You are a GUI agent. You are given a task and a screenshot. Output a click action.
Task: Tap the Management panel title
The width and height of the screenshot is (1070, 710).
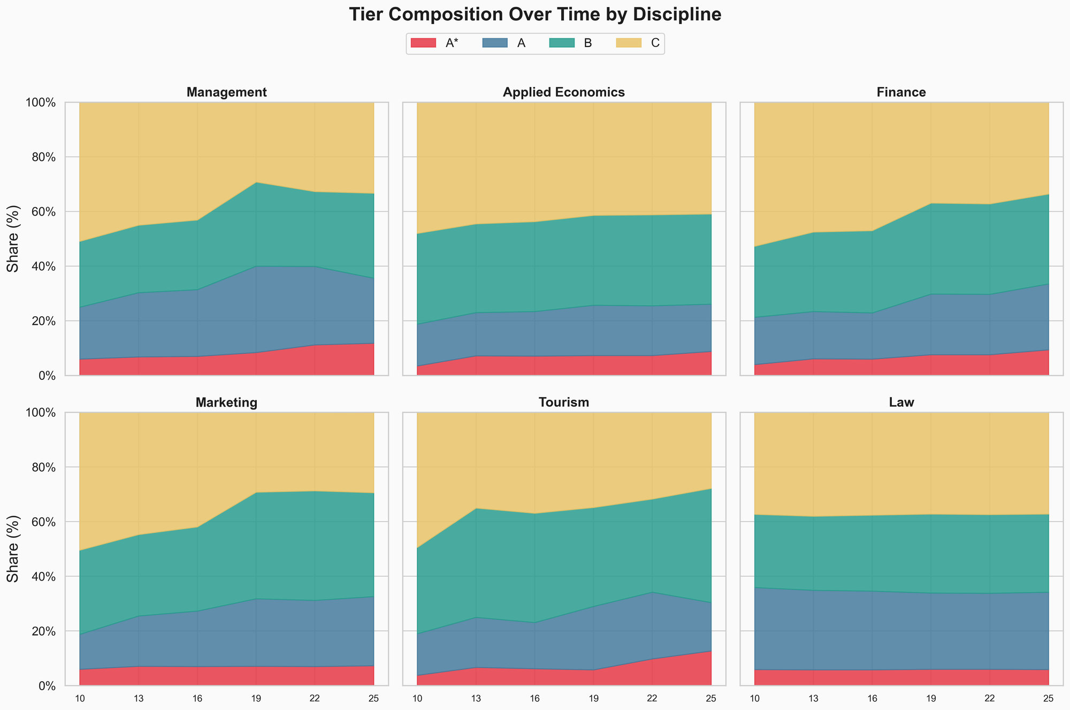pyautogui.click(x=226, y=93)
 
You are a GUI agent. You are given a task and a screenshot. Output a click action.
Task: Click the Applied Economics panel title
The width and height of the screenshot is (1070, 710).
pyautogui.click(x=564, y=93)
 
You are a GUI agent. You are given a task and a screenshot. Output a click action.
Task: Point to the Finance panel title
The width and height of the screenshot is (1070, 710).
pyautogui.click(x=901, y=93)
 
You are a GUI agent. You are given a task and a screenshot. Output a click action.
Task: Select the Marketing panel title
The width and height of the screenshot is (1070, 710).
pyautogui.click(x=226, y=403)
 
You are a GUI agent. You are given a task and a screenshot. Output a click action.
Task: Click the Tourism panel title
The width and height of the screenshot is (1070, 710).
pyautogui.click(x=564, y=403)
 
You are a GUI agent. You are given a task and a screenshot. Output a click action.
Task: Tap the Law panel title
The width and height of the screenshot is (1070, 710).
pyautogui.click(x=901, y=403)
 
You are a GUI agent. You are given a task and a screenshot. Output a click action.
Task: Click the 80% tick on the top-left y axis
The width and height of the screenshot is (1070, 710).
pyautogui.click(x=41, y=157)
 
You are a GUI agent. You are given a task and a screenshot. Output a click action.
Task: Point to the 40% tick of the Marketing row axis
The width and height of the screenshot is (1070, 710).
pyautogui.click(x=41, y=577)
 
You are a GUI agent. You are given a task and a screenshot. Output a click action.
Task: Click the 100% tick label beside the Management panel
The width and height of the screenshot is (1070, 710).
pyautogui.click(x=39, y=103)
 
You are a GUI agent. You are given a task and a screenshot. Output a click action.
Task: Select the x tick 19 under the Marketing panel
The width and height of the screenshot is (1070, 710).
pyautogui.click(x=256, y=698)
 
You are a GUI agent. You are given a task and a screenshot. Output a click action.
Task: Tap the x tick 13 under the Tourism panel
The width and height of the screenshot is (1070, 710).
pyautogui.click(x=476, y=698)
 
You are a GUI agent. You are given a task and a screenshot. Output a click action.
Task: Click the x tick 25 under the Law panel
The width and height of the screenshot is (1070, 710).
pyautogui.click(x=1048, y=698)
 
